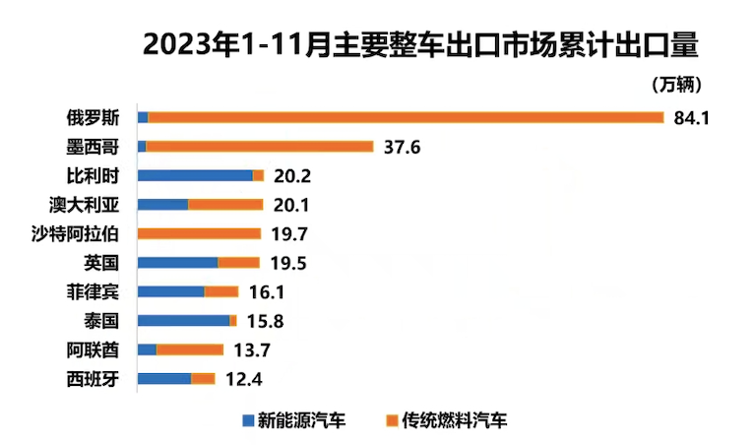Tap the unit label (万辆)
676,86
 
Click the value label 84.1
692,118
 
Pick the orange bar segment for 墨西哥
260,147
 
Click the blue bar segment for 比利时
195,175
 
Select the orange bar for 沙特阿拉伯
199,233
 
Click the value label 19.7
285,233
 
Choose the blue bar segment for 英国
177,263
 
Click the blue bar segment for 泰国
183,321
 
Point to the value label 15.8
261,321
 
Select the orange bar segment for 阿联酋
190,350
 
